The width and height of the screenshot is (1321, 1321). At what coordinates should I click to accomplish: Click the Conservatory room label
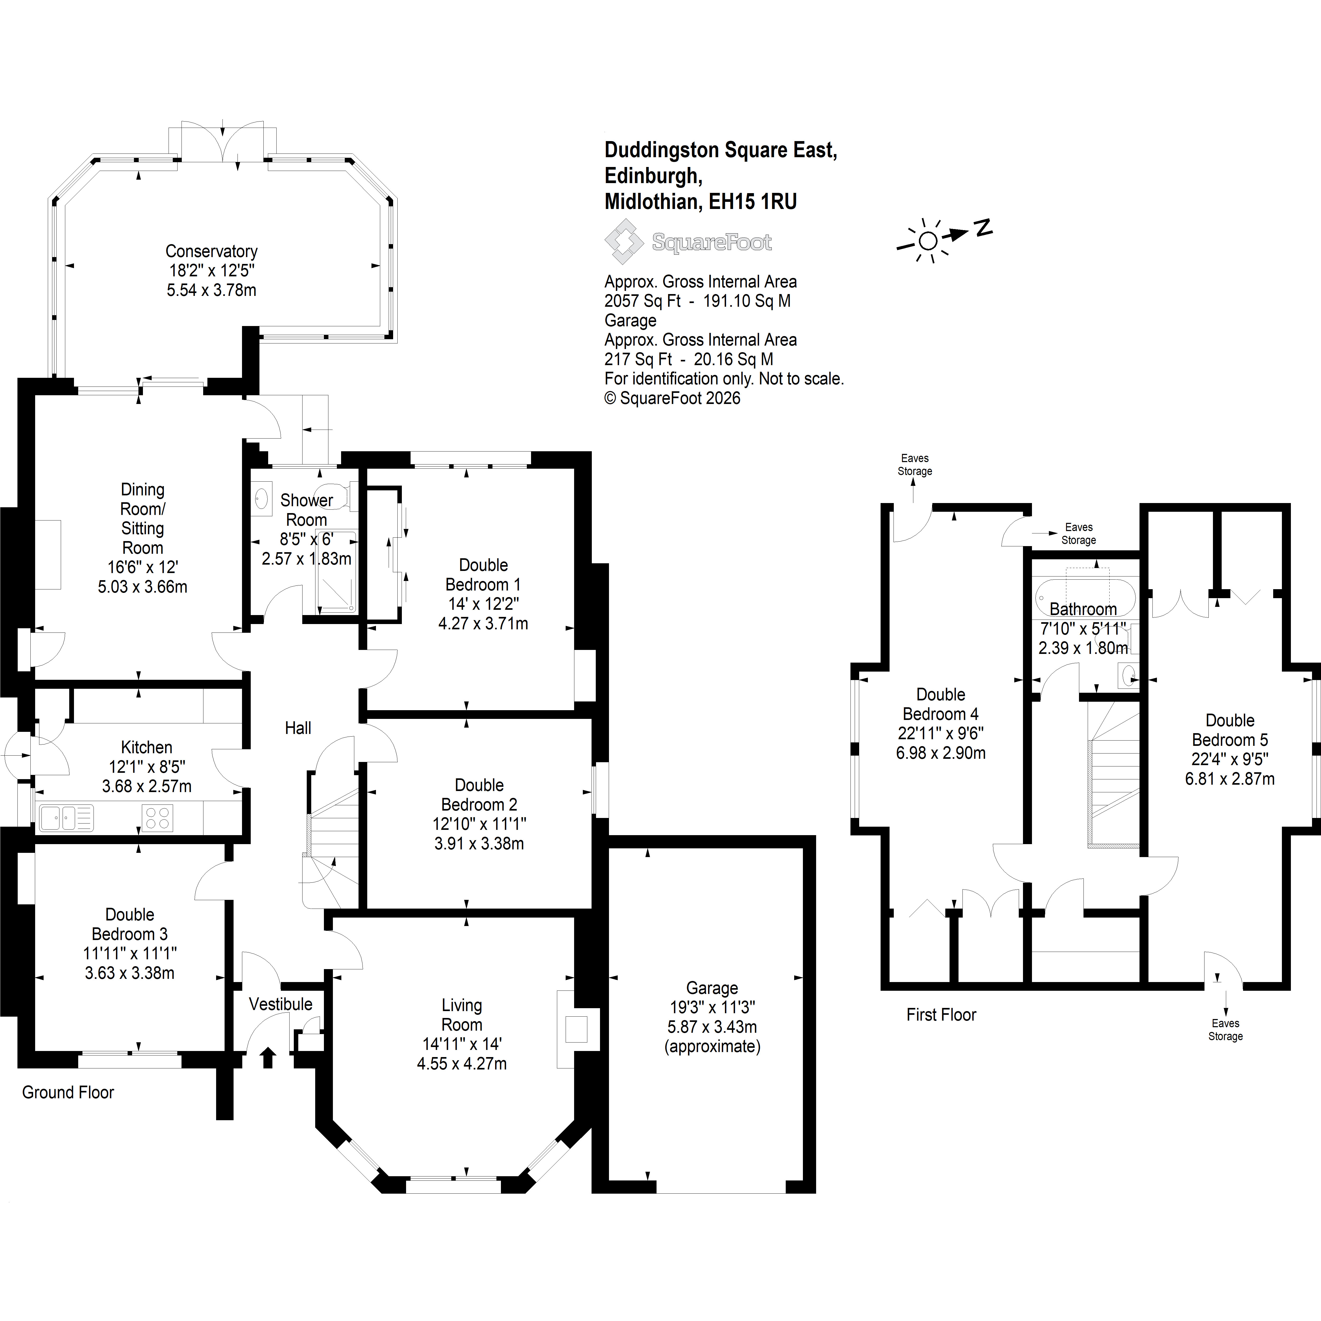pos(211,252)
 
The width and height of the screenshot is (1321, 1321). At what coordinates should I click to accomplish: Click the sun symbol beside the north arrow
pos(927,241)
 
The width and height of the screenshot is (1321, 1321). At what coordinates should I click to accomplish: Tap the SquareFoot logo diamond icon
pos(624,241)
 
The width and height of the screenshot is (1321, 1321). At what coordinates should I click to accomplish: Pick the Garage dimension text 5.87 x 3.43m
pos(713,1027)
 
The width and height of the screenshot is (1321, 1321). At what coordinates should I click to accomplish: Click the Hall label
pos(298,728)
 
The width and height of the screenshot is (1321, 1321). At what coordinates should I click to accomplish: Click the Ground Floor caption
pos(68,1092)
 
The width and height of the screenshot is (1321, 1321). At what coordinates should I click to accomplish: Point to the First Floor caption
pos(942,1015)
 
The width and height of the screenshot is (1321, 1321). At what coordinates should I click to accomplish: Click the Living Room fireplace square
pos(576,1029)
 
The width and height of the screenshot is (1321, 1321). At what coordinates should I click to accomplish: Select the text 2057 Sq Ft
pos(643,301)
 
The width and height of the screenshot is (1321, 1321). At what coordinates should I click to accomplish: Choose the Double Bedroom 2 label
pos(479,794)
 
